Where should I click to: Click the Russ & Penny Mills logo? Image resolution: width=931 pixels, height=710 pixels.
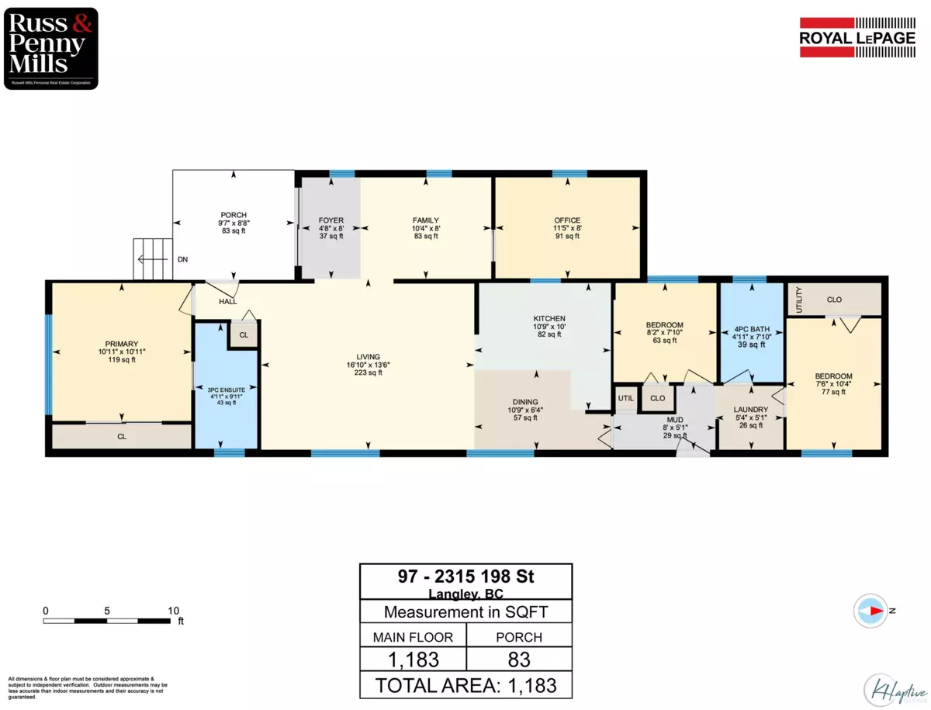51,48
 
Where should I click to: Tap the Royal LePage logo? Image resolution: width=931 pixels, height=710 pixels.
857,37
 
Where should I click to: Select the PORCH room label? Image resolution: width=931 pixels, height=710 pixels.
234,215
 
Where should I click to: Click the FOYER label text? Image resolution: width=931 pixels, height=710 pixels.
331,220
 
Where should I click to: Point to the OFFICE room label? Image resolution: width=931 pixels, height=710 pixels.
567,220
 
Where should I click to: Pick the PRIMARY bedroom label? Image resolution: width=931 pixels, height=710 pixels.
122,344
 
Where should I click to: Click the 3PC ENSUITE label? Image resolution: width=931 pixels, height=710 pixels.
227,390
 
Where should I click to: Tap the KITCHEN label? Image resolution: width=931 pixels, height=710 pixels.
549,318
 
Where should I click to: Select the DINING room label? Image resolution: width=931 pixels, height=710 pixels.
525,402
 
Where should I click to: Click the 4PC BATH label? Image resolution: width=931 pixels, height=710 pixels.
752,329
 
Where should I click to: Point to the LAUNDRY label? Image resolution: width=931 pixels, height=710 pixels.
751,410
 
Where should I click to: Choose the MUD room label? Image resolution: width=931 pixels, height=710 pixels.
675,420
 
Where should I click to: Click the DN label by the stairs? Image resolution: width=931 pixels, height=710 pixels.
183,260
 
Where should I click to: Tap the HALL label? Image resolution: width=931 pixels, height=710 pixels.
228,302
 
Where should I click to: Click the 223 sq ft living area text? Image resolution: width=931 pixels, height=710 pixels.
369,372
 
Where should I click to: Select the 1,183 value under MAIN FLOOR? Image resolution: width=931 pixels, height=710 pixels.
414,660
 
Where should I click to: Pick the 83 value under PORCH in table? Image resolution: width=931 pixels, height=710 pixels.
519,660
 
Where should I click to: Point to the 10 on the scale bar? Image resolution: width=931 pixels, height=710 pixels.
174,611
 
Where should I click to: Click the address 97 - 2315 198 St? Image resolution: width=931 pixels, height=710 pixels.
465,577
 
